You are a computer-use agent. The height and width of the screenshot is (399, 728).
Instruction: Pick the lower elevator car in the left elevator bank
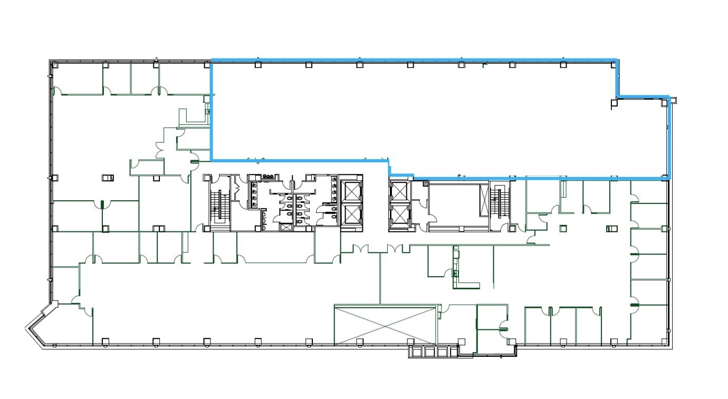[350, 215]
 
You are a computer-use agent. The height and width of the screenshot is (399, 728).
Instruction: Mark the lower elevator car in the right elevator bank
[399, 215]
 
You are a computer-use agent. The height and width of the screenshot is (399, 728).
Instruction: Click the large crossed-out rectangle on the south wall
[386, 325]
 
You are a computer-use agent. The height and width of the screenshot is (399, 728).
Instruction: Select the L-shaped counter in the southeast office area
[462, 274]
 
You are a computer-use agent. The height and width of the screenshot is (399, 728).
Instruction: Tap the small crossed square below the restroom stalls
[286, 228]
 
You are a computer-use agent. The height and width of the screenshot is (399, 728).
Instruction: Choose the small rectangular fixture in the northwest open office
[108, 178]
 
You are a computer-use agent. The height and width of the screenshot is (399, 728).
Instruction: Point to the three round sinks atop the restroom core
[268, 177]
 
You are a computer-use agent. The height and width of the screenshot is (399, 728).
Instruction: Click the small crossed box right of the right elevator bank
[426, 183]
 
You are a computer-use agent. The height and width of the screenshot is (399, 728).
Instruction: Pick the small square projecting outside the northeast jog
[673, 100]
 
